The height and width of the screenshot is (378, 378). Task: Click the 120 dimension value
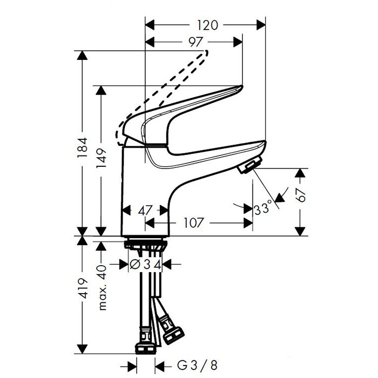[207, 25]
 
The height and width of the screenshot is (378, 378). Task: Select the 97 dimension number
[195, 42]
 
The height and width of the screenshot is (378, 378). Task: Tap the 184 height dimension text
[83, 148]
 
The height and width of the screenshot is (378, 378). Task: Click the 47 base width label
[145, 211]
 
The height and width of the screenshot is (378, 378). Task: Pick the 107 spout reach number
[194, 222]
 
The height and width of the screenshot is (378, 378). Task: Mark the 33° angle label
[263, 208]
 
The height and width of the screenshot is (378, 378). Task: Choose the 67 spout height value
[300, 195]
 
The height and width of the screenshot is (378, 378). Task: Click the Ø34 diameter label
[145, 265]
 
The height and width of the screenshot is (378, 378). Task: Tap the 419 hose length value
[83, 288]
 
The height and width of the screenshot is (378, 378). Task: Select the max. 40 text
[102, 287]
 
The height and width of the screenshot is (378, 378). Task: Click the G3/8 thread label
[197, 365]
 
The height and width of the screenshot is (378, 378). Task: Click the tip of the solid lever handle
[242, 86]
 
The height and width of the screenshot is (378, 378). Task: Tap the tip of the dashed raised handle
[206, 52]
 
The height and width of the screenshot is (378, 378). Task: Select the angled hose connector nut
[173, 334]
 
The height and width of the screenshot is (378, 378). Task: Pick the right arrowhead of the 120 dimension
[261, 25]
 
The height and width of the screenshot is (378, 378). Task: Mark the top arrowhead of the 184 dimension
[83, 56]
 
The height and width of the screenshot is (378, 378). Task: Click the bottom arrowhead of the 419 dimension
[83, 349]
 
